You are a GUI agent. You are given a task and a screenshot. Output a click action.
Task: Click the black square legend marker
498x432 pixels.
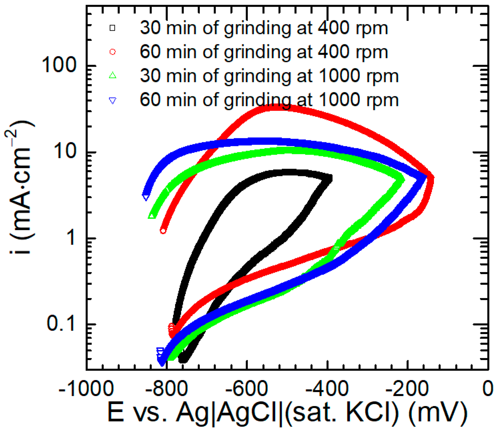tap(112, 28)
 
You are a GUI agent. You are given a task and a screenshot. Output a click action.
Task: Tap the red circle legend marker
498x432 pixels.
tap(112, 52)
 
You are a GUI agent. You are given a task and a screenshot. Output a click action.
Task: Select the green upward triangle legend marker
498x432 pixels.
tap(113, 76)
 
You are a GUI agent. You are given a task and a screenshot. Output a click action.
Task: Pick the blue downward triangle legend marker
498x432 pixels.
tap(113, 100)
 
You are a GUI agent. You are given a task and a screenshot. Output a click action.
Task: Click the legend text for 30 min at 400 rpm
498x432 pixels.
tap(264, 28)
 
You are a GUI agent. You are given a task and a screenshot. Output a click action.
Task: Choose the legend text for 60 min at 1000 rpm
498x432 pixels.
tap(269, 100)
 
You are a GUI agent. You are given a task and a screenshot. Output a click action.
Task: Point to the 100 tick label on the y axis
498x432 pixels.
tap(59, 65)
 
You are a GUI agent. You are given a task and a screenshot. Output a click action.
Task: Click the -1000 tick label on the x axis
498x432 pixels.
tap(86, 389)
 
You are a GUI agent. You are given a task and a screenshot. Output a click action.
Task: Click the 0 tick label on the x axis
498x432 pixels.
tap(488, 389)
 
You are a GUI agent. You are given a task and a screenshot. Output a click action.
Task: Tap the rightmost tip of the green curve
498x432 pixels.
tap(404, 179)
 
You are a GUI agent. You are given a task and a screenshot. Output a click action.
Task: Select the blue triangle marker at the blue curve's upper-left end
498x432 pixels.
tap(146, 197)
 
